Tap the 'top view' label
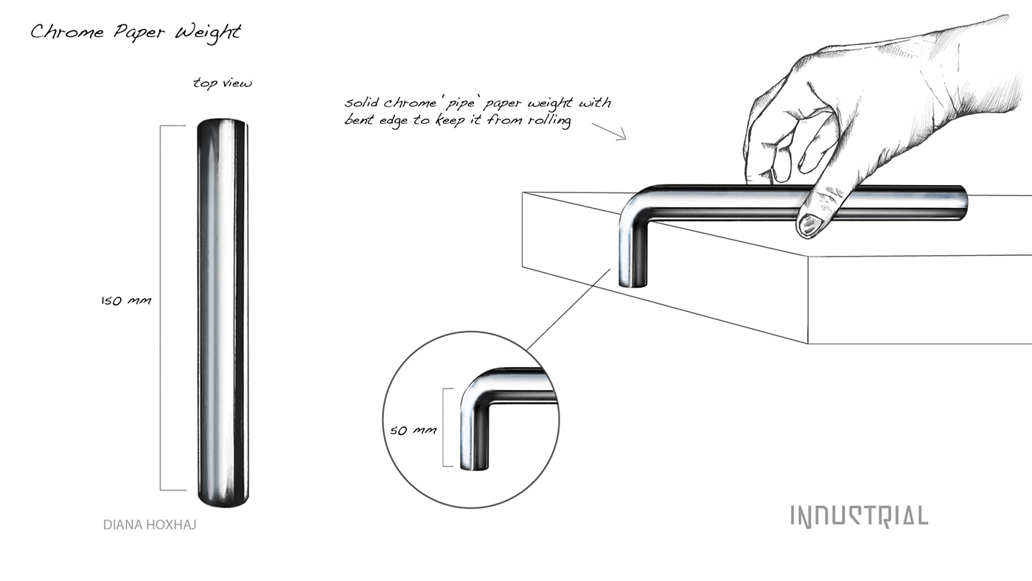click(x=222, y=83)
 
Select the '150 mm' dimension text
click(x=125, y=301)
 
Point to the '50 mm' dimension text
click(x=413, y=430)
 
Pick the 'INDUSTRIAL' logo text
click(x=859, y=516)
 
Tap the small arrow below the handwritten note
click(x=608, y=131)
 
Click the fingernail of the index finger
click(x=812, y=225)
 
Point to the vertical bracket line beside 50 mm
click(x=443, y=428)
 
